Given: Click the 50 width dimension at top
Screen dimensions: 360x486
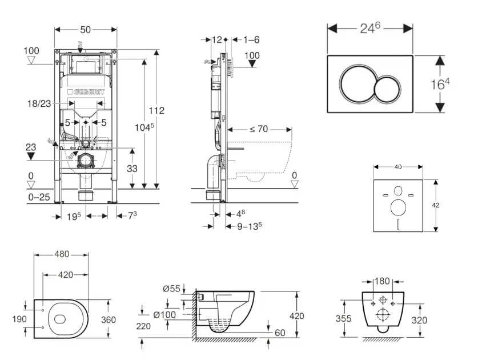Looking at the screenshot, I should (x=86, y=29).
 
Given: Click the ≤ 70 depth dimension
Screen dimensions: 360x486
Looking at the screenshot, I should (x=259, y=129).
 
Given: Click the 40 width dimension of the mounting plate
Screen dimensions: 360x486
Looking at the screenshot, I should (x=398, y=167).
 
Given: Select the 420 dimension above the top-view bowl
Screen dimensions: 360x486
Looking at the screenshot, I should (x=65, y=275).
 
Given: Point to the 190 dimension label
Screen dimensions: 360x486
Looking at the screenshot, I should (x=19, y=319).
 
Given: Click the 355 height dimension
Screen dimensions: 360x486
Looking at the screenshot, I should (x=343, y=319).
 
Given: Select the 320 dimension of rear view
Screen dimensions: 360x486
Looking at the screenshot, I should (x=419, y=320).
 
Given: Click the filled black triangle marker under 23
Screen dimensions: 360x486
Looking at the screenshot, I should (x=31, y=155).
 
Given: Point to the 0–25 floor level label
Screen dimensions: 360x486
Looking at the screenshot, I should (x=39, y=197).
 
